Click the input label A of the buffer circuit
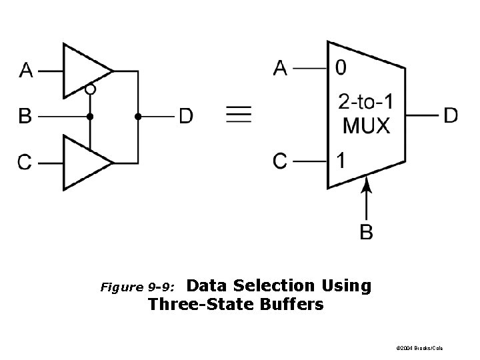pyautogui.click(x=26, y=70)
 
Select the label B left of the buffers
pyautogui.click(x=25, y=117)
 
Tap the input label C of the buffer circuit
pyautogui.click(x=25, y=162)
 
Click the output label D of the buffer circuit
pyautogui.click(x=186, y=117)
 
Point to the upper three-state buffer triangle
pyautogui.click(x=84, y=69)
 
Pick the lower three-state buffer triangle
pyautogui.click(x=84, y=162)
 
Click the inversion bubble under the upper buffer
pyautogui.click(x=90, y=89)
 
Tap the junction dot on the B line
pyautogui.click(x=90, y=117)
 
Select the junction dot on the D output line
pyautogui.click(x=138, y=117)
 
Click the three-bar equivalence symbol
pyautogui.click(x=239, y=116)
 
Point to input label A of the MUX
pyautogui.click(x=281, y=68)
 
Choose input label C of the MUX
pyautogui.click(x=281, y=161)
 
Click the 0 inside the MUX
pyautogui.click(x=341, y=68)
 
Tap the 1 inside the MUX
pyautogui.click(x=341, y=161)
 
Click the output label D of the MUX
pyautogui.click(x=451, y=115)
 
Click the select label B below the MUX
pyautogui.click(x=366, y=232)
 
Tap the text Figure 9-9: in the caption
pyautogui.click(x=137, y=288)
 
